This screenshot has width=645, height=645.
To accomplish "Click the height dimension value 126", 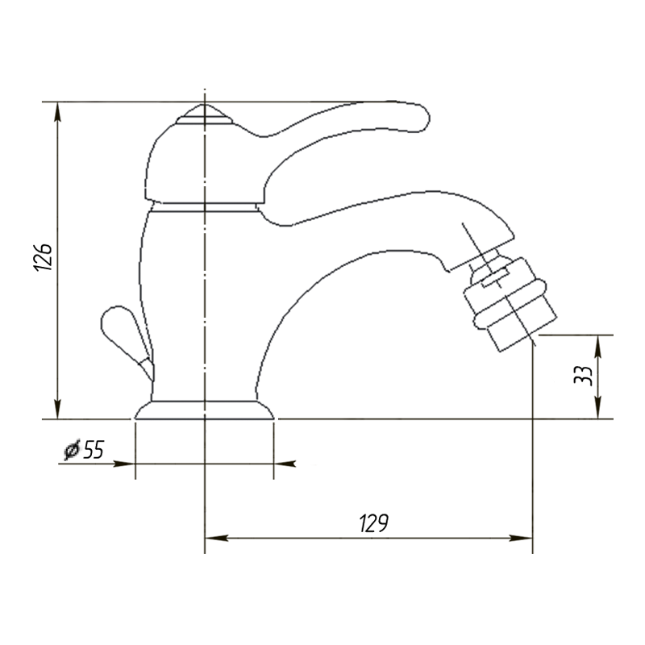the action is click(43, 256).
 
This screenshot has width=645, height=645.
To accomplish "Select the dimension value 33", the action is click(583, 375).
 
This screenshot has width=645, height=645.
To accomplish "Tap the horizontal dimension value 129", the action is click(373, 522).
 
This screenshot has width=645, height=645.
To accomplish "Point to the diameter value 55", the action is click(94, 450).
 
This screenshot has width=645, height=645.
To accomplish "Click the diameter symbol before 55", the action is click(72, 450).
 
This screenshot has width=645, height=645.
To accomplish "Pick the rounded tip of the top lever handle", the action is click(424, 119).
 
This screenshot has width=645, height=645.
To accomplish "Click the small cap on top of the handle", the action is click(205, 114).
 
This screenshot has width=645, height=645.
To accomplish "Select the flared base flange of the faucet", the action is click(205, 410).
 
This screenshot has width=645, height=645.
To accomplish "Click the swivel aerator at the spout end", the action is click(510, 305).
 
